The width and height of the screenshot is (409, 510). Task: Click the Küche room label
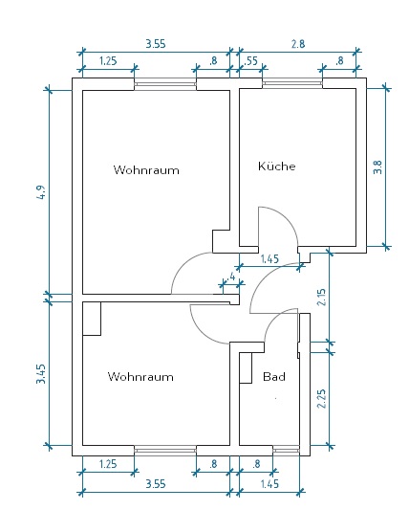coord(277,166)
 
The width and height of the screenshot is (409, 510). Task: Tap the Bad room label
coord(274,377)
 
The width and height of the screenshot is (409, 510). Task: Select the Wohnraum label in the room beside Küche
coord(146,169)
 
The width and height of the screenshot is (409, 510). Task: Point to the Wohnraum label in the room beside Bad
coord(140,377)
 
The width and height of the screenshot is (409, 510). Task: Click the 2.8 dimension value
coord(298,44)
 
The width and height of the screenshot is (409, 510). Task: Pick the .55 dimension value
coord(250,61)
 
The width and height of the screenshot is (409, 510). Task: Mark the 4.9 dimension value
coord(42,192)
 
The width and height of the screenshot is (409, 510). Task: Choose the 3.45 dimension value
coord(41,374)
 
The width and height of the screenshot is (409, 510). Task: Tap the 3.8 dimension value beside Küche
coord(377,167)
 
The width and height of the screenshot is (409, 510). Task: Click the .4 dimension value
coord(231,277)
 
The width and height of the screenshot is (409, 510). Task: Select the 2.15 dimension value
coord(322,298)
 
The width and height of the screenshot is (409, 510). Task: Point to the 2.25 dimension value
coord(322,399)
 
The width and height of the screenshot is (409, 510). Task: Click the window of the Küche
coord(292,83)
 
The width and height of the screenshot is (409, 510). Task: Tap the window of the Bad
coord(286,451)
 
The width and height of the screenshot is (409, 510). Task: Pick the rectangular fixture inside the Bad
coord(246,367)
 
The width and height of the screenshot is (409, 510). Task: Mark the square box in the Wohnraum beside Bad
coord(92,319)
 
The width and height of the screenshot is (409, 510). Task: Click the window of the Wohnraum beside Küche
coord(165,84)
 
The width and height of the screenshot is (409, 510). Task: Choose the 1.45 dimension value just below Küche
coord(269,259)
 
